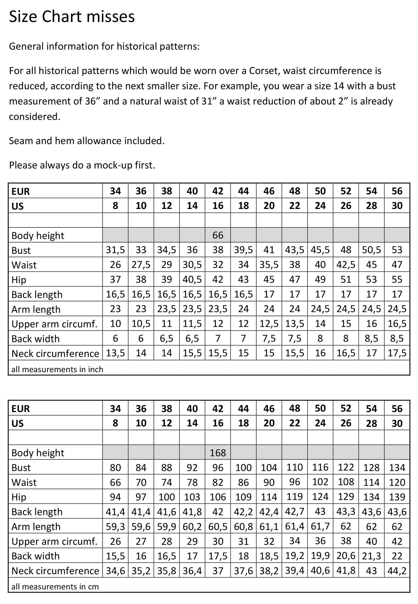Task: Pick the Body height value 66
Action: (x=218, y=235)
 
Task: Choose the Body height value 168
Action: (x=218, y=453)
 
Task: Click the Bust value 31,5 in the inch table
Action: (x=115, y=250)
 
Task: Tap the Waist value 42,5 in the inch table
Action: (x=346, y=265)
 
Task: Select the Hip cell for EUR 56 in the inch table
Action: (x=397, y=279)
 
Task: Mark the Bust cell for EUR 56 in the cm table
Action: (x=397, y=467)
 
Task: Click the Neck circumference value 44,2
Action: (x=397, y=570)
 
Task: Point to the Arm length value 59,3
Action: (x=115, y=526)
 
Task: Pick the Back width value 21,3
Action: (x=371, y=556)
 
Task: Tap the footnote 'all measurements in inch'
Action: (x=57, y=369)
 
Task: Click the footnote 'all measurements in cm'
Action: (x=55, y=587)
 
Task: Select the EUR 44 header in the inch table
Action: (x=243, y=191)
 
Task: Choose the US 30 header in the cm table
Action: (x=397, y=423)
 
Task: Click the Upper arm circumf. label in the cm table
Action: (x=54, y=541)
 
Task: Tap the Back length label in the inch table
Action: (x=37, y=295)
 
